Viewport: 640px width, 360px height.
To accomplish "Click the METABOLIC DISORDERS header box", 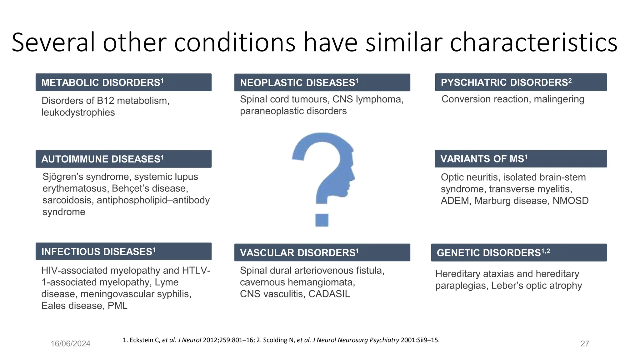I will coord(123,82).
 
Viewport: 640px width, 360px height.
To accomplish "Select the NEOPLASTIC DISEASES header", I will coord(322,82).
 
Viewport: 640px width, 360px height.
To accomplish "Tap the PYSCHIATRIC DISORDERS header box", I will coord(521,82).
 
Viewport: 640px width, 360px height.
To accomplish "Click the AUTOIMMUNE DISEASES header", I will coord(123,159).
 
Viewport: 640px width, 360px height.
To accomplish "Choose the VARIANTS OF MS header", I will coord(521,159).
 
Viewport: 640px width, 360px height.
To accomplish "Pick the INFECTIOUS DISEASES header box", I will coord(123,252).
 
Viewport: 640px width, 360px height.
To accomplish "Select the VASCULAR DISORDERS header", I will coord(322,252).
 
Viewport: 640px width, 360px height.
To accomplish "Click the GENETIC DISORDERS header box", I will coord(519,252).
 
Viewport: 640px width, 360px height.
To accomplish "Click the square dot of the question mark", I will coord(322,220).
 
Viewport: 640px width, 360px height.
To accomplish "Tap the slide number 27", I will coord(585,344).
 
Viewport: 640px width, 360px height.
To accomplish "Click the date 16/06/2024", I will coord(71,344).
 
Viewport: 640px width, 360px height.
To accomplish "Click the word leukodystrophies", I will coord(78,112).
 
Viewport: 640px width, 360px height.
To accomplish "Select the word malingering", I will coord(559,99).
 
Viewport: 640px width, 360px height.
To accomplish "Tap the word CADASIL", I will coord(329,294).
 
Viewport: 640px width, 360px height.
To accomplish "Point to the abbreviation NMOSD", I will coord(570,201).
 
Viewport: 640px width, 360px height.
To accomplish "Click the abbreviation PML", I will coord(117,306).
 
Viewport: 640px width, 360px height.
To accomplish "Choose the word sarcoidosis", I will coord(68,200).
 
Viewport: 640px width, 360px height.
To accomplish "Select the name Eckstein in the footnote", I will coord(144,340).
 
